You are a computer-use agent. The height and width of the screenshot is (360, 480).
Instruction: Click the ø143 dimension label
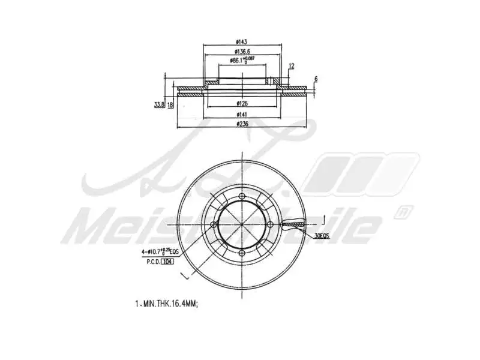point(242,41)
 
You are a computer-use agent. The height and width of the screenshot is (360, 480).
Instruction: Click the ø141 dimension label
point(242,114)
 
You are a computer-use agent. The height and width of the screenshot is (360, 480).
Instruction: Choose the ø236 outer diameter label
point(242,124)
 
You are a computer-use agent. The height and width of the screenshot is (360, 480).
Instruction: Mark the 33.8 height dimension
point(158,104)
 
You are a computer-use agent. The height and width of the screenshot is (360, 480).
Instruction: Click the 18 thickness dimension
point(170,104)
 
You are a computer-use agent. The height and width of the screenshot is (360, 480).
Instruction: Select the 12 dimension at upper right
point(292,66)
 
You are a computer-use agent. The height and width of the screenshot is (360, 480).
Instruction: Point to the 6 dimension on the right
point(316,79)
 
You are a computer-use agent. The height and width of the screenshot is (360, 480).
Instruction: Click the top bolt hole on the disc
point(242,197)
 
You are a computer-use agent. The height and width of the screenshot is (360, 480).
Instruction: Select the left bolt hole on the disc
point(214,225)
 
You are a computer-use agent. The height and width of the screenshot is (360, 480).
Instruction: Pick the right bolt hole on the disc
point(270,225)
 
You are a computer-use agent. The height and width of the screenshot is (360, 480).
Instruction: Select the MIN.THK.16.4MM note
point(166,304)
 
